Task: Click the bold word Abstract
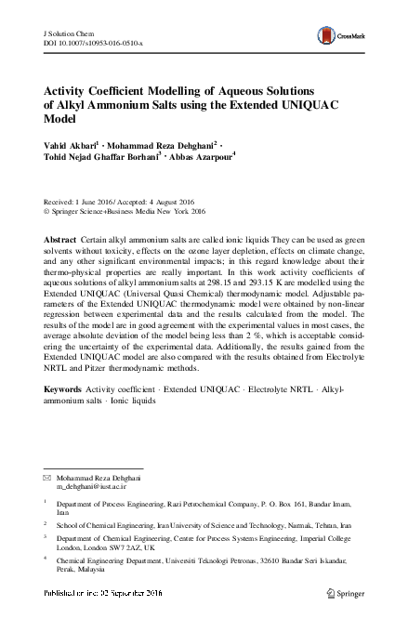click(x=60, y=240)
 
